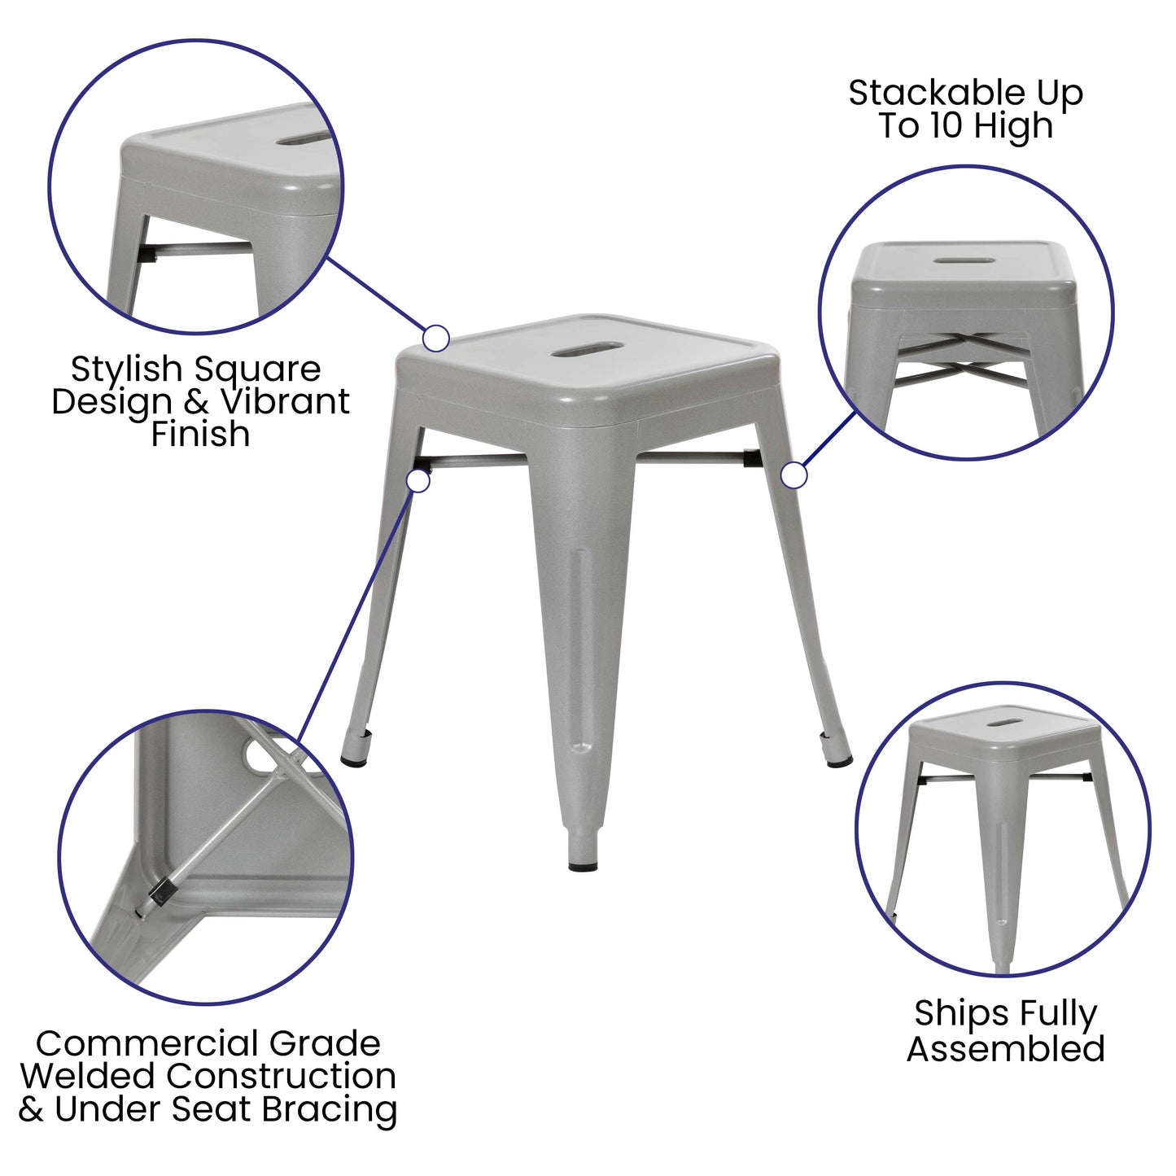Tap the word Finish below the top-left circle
pos(200,434)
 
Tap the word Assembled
pos(1006,1048)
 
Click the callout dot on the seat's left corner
pos(436,338)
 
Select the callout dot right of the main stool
pos(793,475)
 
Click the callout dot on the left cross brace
pos(418,480)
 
